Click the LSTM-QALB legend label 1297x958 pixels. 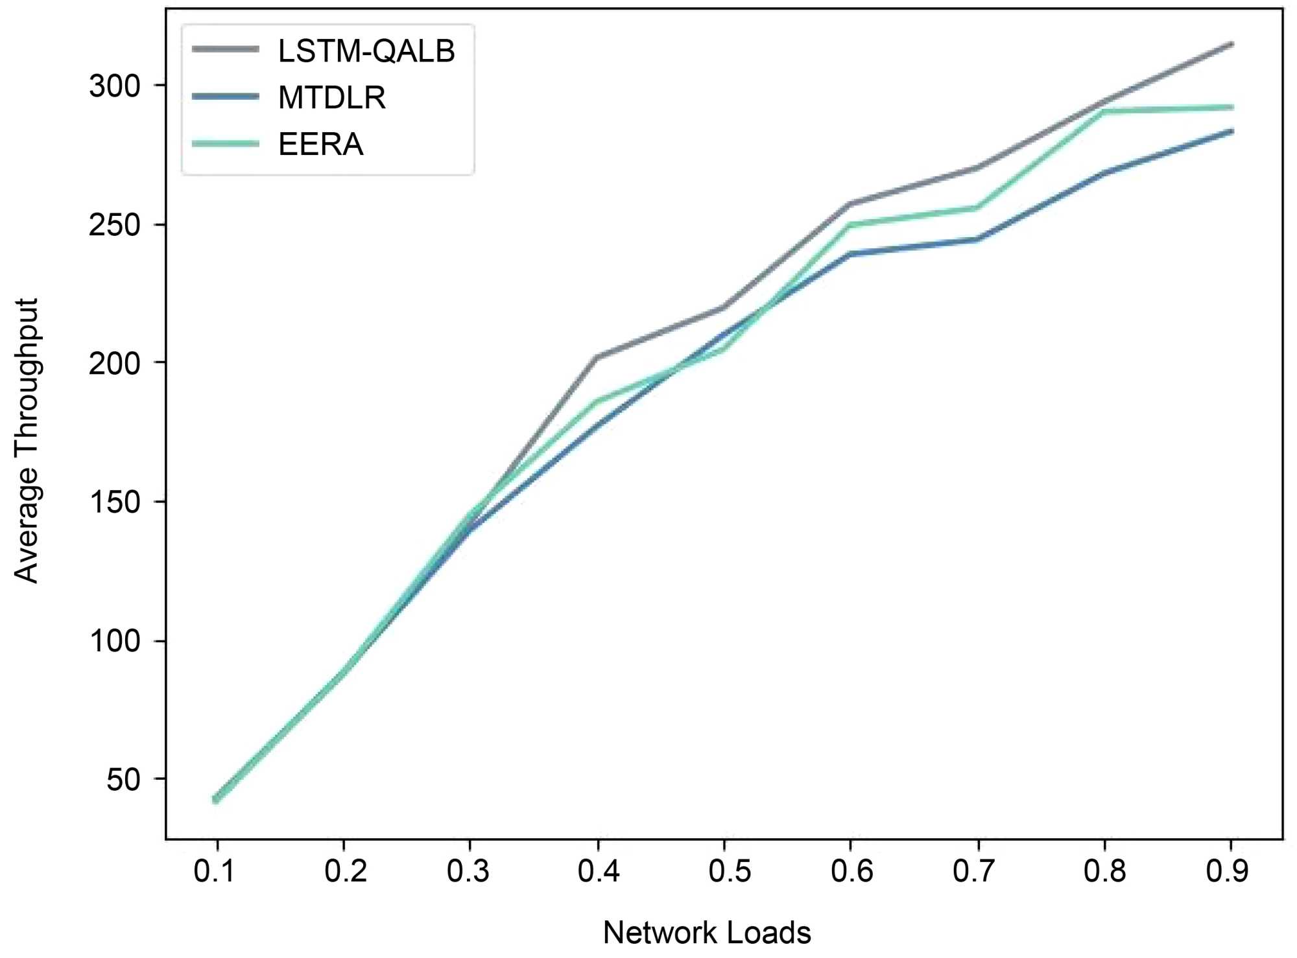366,51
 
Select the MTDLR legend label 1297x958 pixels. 332,98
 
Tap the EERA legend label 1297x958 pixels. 320,144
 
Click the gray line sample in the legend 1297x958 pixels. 226,49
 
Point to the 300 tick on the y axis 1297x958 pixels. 115,86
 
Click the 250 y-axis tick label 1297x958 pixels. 115,225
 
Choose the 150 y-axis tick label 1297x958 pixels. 115,502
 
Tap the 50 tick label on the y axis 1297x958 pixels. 123,779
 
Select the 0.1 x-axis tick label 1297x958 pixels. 215,871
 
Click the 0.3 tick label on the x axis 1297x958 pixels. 468,871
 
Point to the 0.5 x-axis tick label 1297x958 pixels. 730,871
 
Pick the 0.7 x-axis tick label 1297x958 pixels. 973,871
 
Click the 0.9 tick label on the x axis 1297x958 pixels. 1227,871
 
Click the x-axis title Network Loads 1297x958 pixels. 707,932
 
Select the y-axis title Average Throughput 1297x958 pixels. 27,441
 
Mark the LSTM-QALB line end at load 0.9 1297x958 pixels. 1232,44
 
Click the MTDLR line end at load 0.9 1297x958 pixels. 1232,132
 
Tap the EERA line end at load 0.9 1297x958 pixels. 1232,108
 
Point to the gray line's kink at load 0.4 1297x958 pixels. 597,357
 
